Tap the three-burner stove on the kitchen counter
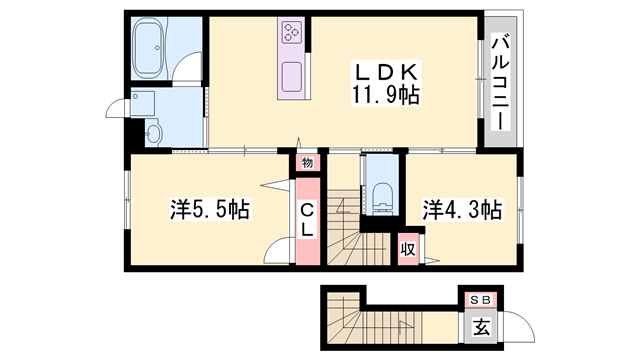click(x=293, y=33)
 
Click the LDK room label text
click(x=382, y=72)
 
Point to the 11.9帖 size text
click(x=383, y=96)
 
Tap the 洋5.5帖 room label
click(x=208, y=210)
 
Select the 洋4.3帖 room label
click(x=461, y=210)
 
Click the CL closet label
click(x=308, y=220)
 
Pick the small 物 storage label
click(x=307, y=162)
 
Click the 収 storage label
click(x=408, y=246)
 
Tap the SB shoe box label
click(x=477, y=299)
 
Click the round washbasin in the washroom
click(x=152, y=130)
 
